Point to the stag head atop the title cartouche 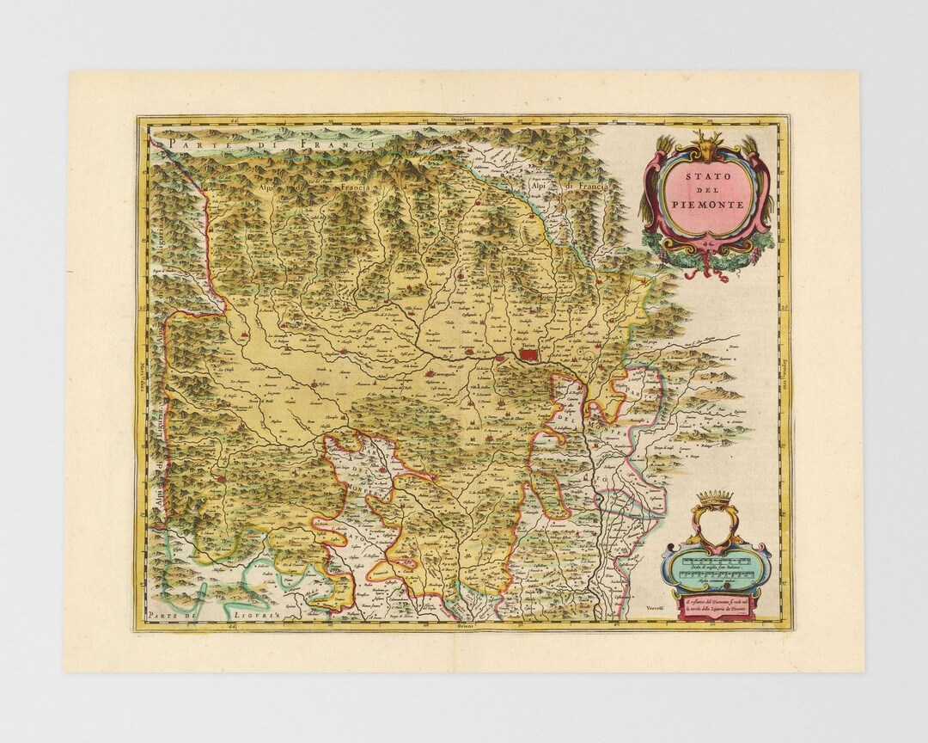(x=707, y=143)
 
